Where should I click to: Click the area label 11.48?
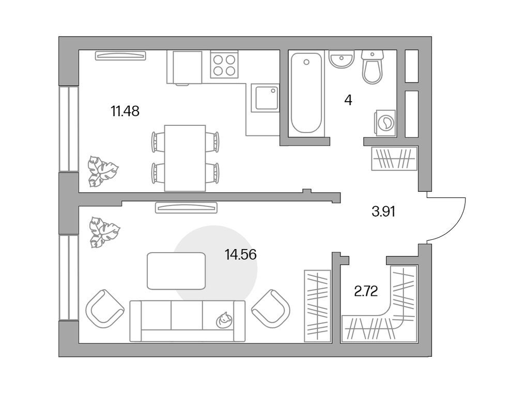tap(125, 110)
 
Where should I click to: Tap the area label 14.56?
tap(241, 254)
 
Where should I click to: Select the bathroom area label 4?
tap(348, 100)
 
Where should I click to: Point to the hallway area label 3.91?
tap(383, 211)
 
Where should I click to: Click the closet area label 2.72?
tap(366, 291)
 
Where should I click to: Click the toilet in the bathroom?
tap(373, 67)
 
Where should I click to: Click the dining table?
tap(185, 157)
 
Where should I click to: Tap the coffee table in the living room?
tap(176, 271)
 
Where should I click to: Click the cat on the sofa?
tap(224, 320)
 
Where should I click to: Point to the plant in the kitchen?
tap(102, 170)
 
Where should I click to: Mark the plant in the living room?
tap(103, 231)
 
